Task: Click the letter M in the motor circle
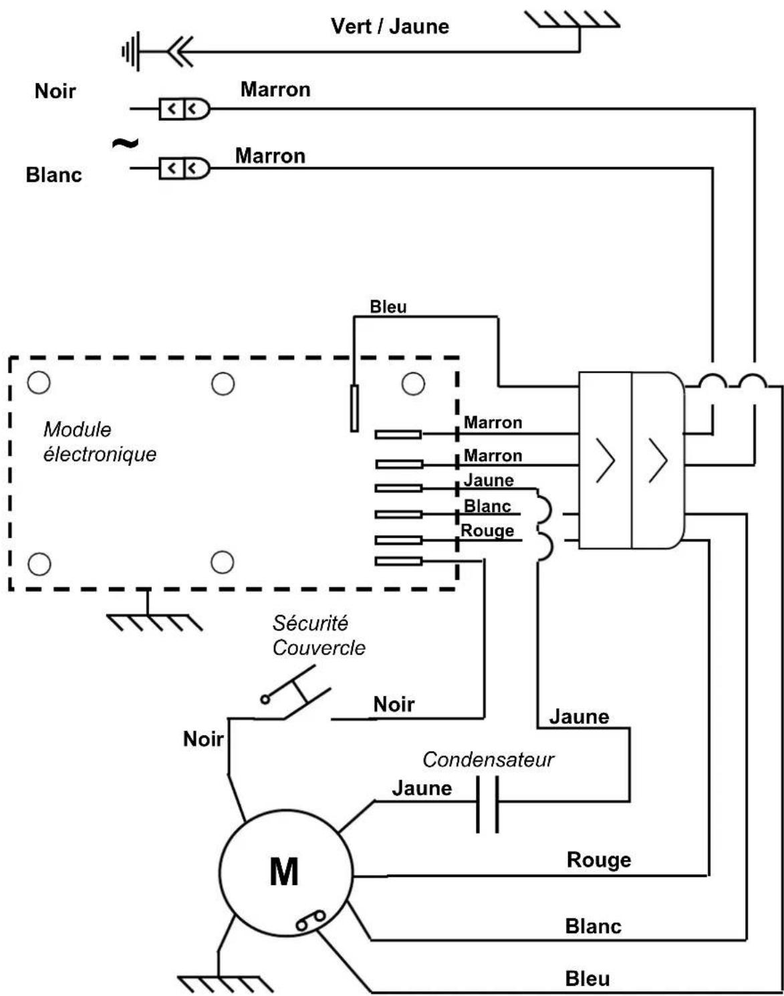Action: coord(283,872)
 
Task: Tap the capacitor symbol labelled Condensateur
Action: coord(487,805)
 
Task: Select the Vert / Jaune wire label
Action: coord(390,26)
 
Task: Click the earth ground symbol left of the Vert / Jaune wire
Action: coord(131,51)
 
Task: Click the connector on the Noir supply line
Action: coord(184,109)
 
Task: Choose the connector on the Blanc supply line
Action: coord(184,168)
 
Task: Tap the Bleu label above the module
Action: coord(388,306)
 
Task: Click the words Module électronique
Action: coord(100,442)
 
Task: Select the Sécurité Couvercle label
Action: coord(318,636)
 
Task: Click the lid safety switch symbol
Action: coord(296,693)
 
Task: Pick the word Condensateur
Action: coord(488,759)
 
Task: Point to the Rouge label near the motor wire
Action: coord(598,860)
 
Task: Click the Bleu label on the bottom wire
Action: coord(587,979)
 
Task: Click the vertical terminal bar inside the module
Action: coord(354,408)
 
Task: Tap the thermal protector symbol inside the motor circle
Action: coord(311,920)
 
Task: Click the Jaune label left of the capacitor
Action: coord(422,788)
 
